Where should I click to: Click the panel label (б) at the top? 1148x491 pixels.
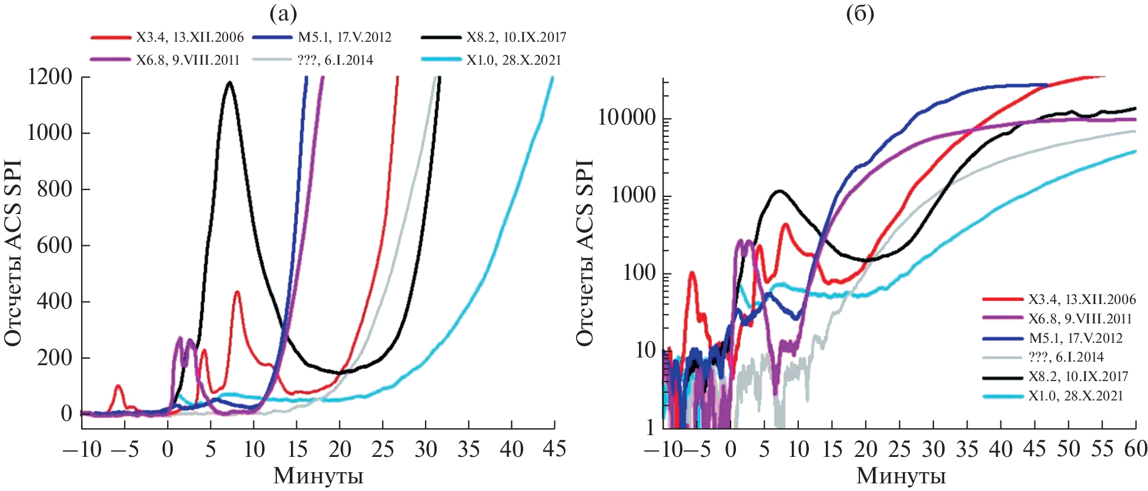[x=859, y=13]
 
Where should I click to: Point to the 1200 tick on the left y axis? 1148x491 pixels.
[x=50, y=76]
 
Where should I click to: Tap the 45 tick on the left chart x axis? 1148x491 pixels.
[x=554, y=450]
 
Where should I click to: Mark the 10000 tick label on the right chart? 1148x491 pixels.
[x=627, y=118]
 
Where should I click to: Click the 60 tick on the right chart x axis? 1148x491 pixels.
[x=1135, y=450]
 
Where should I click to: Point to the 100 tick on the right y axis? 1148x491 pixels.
[x=639, y=273]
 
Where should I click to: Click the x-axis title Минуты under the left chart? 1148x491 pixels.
[x=318, y=476]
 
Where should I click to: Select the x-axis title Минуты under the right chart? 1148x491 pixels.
[x=901, y=476]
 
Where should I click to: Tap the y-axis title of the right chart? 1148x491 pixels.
[x=584, y=253]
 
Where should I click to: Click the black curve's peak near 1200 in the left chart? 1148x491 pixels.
[x=229, y=82]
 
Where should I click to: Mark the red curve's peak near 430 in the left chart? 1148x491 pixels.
[x=237, y=292]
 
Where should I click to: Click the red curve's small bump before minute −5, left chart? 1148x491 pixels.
[x=118, y=386]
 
